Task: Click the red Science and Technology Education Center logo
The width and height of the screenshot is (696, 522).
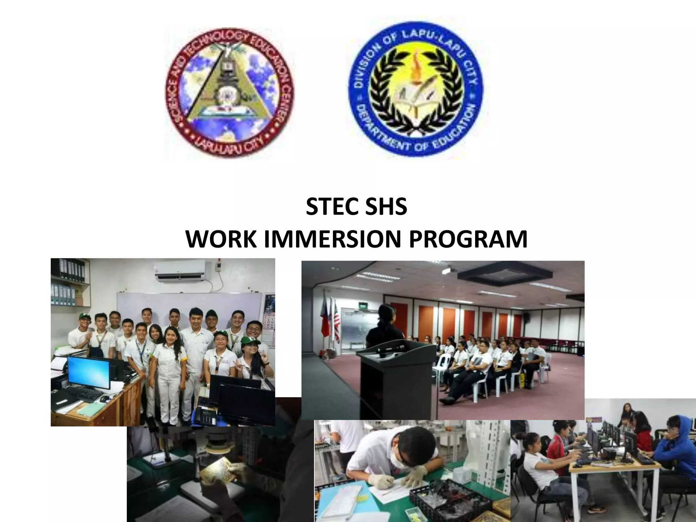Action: [230, 93]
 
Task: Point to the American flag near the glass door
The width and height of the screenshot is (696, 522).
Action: [336, 323]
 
